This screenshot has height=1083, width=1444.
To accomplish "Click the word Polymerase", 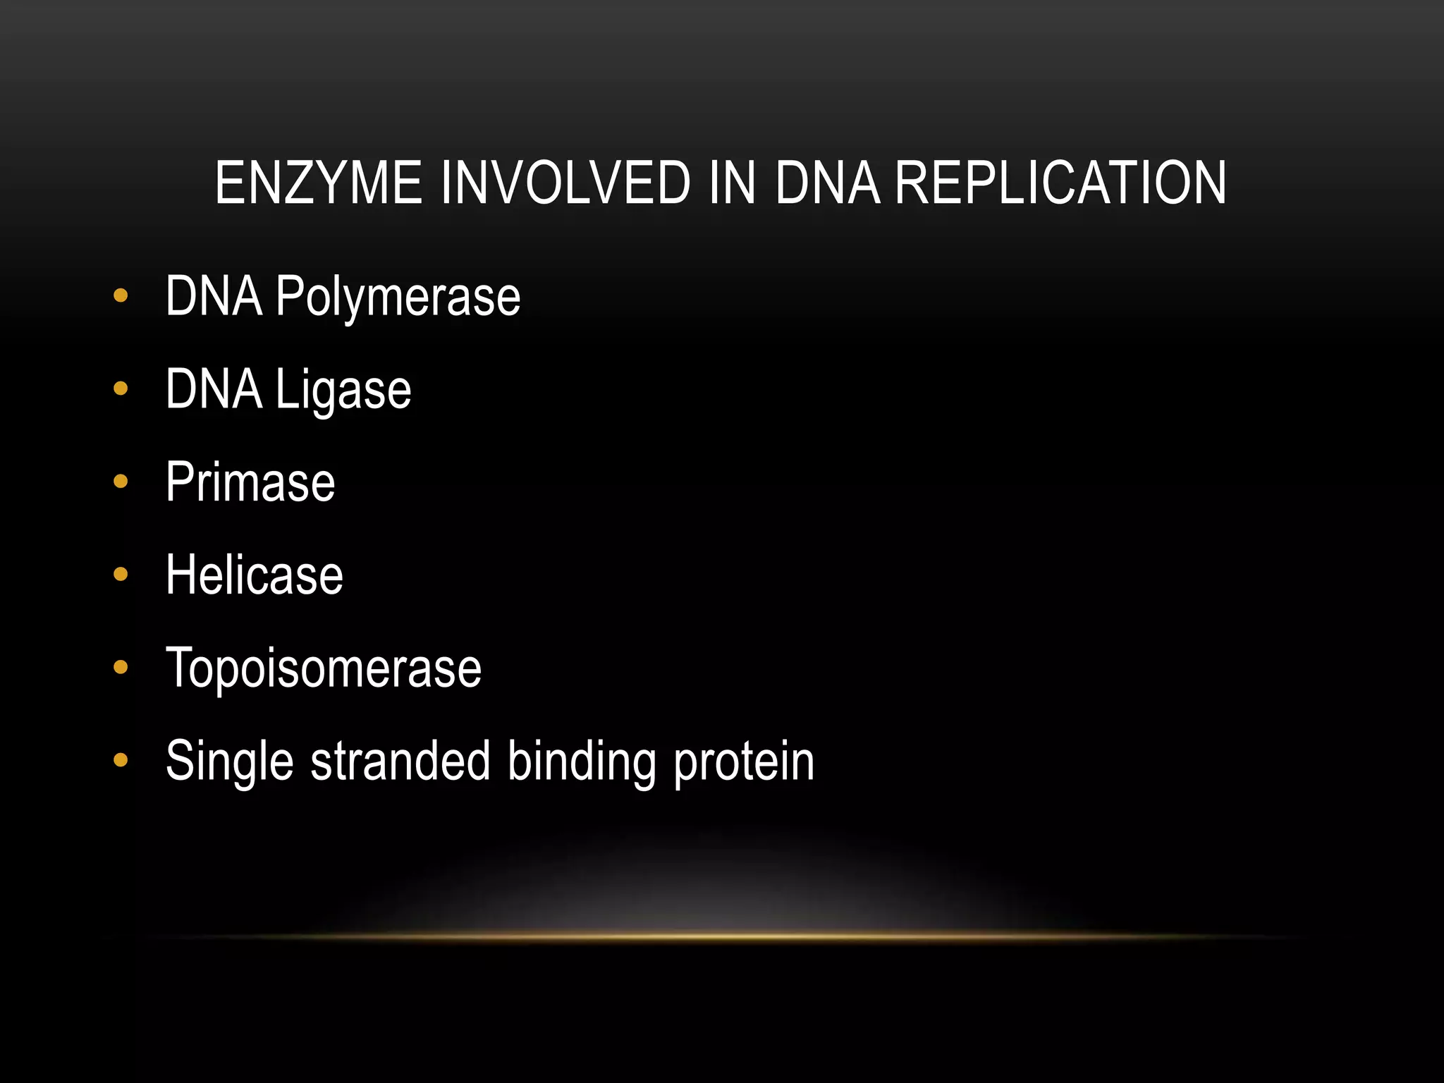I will [x=398, y=297].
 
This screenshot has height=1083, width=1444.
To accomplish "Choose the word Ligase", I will [x=343, y=390].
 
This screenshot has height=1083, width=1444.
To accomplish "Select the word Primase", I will [x=250, y=482].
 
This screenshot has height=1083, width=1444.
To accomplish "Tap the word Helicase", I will [x=254, y=575].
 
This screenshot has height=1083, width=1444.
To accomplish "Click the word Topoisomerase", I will [x=324, y=668].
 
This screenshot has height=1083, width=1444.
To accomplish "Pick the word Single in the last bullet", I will [x=229, y=761].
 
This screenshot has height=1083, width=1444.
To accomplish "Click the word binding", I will [x=582, y=761].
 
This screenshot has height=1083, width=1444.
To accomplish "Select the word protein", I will [x=744, y=761].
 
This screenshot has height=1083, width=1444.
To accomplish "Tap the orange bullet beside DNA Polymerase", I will [x=121, y=295].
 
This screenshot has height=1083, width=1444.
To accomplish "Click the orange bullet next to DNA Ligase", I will [x=121, y=388].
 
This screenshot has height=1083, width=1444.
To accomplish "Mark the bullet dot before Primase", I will [x=121, y=482].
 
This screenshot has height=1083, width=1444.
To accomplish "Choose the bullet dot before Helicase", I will [x=121, y=575].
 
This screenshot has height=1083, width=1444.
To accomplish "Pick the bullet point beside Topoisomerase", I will [x=121, y=667].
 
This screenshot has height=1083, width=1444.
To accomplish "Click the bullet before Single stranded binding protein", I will [x=121, y=760].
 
